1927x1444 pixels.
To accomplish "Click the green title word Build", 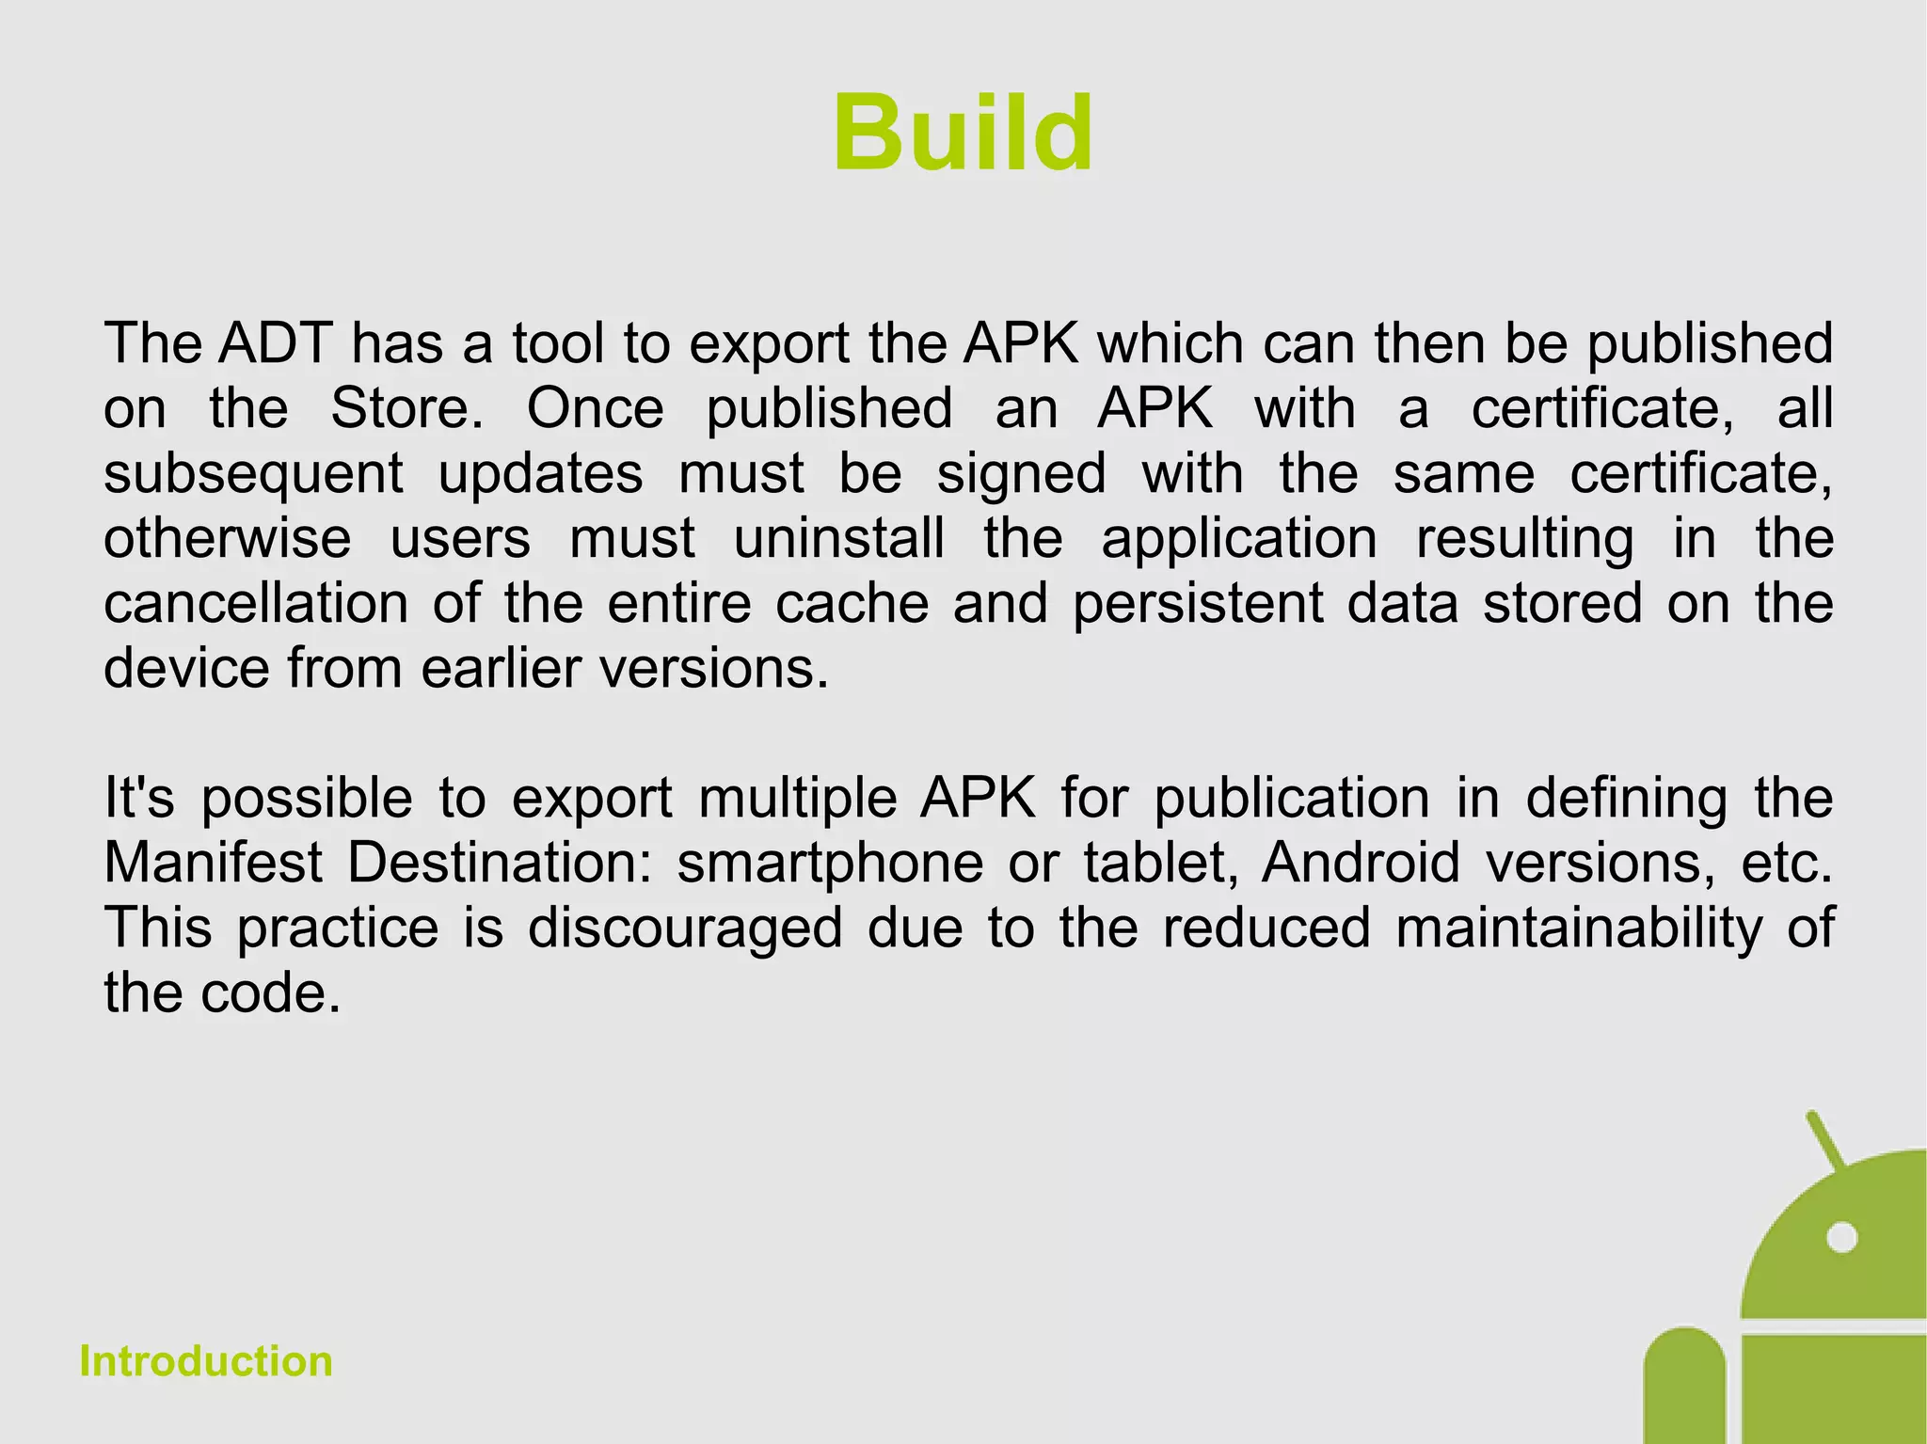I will (963, 135).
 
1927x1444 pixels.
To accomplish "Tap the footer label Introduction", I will (206, 1361).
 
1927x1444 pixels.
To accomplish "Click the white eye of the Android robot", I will (1840, 1237).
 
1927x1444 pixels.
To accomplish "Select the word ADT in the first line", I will (275, 343).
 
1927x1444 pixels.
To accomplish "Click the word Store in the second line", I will (406, 408).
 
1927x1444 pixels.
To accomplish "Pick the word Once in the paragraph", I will (595, 408).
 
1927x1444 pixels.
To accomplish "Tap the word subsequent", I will (253, 473).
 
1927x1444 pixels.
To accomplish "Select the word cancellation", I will (256, 603).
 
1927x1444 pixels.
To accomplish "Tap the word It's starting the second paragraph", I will (139, 798).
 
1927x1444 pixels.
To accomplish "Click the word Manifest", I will (214, 863).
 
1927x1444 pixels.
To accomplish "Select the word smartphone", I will (829, 863).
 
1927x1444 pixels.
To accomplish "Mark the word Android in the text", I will (1361, 863).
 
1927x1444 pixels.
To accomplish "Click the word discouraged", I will (684, 928).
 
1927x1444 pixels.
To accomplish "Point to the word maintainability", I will (1578, 928).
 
